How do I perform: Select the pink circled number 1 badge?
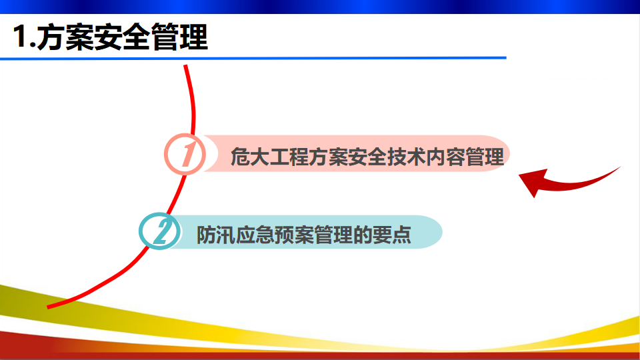(185, 154)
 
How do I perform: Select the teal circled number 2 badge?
(159, 231)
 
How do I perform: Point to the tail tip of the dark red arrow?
(620, 167)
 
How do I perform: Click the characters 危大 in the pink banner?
(250, 157)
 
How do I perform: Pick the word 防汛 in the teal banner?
(216, 235)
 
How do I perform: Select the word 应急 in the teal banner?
(255, 235)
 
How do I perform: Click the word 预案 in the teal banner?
(295, 235)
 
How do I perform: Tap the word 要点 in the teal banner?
(392, 235)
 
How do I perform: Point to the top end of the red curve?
(185, 65)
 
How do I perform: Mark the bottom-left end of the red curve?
(48, 307)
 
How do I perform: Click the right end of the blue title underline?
(506, 58)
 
